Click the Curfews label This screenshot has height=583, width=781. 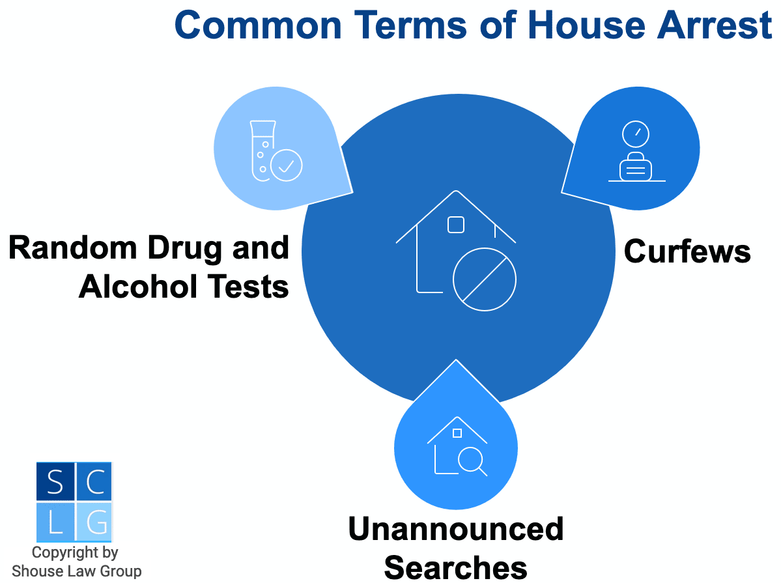click(687, 251)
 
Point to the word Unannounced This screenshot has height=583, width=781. click(456, 529)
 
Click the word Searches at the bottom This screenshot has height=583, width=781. click(456, 567)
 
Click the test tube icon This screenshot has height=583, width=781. click(261, 150)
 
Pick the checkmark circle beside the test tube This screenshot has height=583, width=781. click(287, 165)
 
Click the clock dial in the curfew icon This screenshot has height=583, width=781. click(636, 134)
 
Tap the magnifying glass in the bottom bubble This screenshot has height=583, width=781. click(472, 461)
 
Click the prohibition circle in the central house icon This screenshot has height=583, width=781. click(485, 279)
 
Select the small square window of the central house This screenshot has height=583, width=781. click(456, 225)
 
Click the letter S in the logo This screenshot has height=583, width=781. click(55, 482)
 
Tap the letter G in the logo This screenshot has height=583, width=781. click(96, 522)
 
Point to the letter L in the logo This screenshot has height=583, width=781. click(55, 522)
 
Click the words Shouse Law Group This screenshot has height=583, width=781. click(77, 571)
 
